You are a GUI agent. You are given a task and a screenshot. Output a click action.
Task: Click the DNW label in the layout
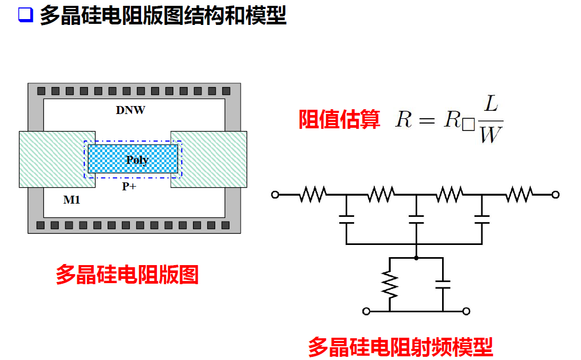click(130, 110)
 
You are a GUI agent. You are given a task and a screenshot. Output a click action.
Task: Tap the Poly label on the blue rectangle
click(137, 160)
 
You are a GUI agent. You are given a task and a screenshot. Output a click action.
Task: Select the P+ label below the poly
click(129, 186)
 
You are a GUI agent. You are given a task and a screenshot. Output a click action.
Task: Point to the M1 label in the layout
click(72, 200)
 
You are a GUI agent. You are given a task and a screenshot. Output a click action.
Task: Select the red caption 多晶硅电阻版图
click(127, 275)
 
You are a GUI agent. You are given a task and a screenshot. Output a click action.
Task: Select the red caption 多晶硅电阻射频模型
click(400, 347)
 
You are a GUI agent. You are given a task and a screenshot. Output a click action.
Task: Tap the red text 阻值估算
click(339, 119)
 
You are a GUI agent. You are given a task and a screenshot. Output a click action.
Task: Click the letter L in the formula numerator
click(491, 104)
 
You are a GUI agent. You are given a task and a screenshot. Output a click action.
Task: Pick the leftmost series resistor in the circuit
click(312, 195)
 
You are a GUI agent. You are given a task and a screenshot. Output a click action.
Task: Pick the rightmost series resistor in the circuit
click(518, 195)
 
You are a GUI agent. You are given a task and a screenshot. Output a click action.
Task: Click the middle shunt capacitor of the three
click(416, 219)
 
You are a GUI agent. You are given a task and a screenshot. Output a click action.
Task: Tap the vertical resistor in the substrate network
click(390, 285)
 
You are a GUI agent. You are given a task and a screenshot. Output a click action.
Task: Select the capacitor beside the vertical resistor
click(442, 285)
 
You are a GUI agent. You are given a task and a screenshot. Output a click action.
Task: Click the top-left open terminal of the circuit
click(275, 195)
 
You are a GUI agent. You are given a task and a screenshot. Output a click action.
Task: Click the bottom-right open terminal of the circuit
click(466, 311)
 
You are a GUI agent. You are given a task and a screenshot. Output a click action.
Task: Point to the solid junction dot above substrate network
click(416, 258)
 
